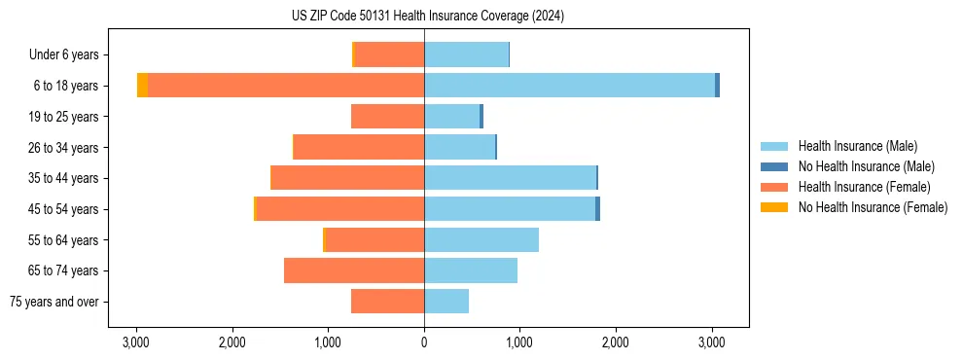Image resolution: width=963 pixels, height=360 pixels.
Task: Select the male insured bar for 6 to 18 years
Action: [x=569, y=86]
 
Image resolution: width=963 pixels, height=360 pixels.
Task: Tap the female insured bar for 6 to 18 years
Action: [x=286, y=86]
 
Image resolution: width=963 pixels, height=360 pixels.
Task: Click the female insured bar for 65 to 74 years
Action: [x=354, y=270]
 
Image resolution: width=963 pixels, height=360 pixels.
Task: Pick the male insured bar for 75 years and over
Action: [x=446, y=302]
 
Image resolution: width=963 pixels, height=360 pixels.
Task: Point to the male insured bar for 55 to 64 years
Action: [x=481, y=239]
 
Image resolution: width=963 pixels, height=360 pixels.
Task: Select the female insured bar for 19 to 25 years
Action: [x=387, y=117]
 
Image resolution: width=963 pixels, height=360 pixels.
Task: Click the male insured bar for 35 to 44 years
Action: [x=510, y=178]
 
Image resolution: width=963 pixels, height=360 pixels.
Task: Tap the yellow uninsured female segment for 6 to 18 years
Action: [x=142, y=86]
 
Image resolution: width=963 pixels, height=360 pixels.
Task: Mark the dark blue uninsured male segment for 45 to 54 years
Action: [x=597, y=209]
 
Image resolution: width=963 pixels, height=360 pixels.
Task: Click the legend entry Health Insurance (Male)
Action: [x=857, y=146]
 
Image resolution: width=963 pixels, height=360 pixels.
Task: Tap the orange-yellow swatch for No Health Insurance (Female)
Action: [x=774, y=207]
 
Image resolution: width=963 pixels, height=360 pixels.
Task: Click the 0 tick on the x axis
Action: [x=424, y=342]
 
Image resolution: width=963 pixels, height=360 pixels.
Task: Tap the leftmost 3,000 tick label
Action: [x=135, y=342]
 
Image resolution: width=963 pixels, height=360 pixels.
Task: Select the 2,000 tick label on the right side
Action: [x=616, y=342]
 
